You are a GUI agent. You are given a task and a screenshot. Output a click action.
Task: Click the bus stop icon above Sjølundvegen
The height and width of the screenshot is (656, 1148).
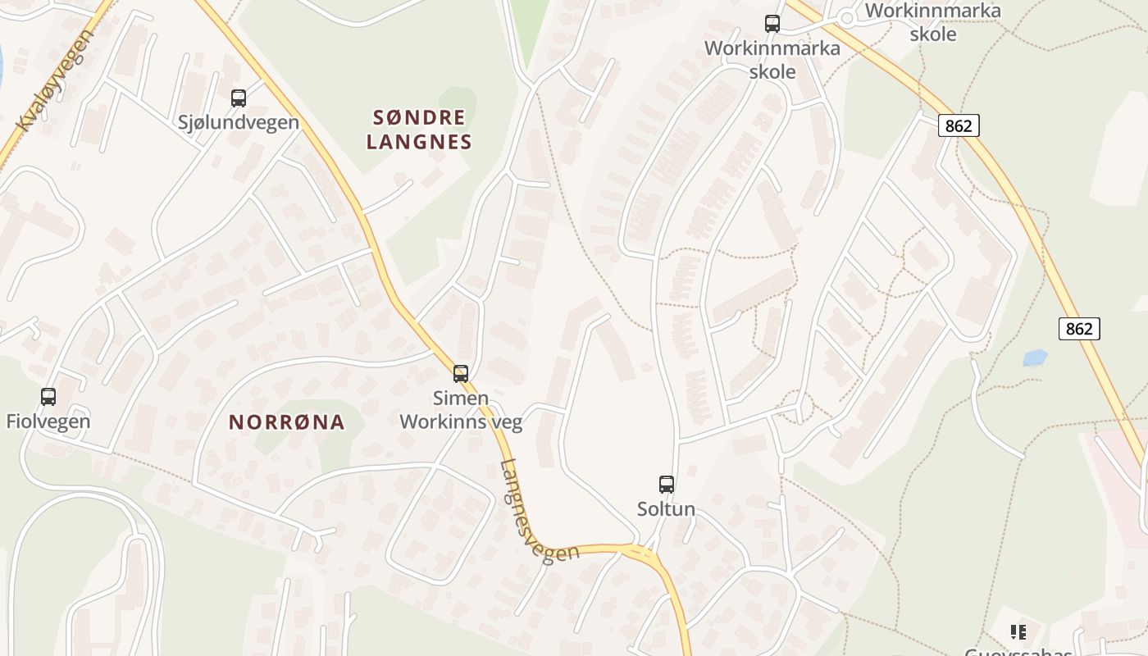[239, 98]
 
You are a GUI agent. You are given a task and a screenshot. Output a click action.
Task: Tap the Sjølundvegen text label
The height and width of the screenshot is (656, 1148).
[239, 122]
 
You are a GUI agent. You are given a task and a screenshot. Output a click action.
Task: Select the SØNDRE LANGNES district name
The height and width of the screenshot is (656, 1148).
[419, 130]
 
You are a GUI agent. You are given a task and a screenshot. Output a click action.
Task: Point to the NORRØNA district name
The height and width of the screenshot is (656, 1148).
[286, 422]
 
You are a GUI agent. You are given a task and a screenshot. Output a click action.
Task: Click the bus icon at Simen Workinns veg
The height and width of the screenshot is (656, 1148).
[461, 374]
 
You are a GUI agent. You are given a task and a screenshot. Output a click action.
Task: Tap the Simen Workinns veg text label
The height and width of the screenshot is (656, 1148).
[460, 410]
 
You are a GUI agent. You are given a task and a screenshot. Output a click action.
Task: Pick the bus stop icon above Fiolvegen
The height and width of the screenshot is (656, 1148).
[48, 397]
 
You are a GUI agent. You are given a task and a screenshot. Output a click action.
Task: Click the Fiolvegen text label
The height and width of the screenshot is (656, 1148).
[48, 421]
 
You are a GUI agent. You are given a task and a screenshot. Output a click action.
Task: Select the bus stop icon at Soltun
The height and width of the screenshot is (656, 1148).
[667, 485]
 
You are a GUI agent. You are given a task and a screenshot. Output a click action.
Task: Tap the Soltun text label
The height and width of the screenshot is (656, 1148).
[667, 509]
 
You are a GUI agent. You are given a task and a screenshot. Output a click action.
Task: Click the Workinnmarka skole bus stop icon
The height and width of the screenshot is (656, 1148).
[772, 24]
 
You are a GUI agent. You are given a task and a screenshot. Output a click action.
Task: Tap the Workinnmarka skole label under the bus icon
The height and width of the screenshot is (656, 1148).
[772, 60]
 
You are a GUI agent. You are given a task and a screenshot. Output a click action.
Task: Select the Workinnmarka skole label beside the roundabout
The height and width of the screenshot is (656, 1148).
[933, 22]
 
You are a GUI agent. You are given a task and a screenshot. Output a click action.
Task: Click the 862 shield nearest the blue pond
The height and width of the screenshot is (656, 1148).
[1079, 329]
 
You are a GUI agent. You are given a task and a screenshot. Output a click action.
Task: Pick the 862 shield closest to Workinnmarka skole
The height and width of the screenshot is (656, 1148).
[958, 125]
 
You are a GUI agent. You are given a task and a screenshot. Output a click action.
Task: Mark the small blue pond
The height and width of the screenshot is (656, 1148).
[1035, 358]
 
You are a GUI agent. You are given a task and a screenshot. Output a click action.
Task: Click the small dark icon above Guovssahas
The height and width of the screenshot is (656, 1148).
[1018, 631]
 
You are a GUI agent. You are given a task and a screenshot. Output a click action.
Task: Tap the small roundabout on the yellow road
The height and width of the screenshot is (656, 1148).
[846, 17]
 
